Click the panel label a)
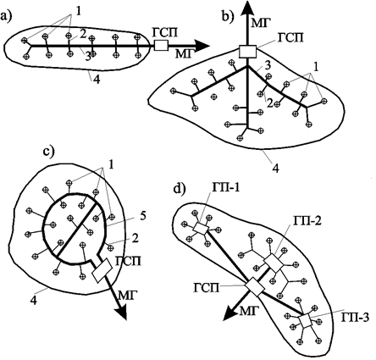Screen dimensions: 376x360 [6, 16]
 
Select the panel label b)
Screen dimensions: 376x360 [228, 17]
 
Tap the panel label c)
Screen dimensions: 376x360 [48, 152]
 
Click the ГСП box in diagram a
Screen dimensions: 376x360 [161, 46]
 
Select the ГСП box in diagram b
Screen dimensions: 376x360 [247, 52]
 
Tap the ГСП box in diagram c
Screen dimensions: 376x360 [102, 270]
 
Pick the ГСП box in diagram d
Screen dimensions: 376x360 [255, 287]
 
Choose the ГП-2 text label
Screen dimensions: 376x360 [307, 221]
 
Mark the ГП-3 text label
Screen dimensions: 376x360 [355, 318]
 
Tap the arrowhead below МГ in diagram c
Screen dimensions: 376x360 [120, 313]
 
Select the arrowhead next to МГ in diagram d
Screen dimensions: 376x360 [230, 313]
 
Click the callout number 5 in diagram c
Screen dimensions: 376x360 [143, 217]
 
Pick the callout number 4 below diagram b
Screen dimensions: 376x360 [276, 169]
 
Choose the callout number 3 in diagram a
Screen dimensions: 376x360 [88, 58]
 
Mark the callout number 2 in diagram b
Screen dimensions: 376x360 [270, 104]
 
